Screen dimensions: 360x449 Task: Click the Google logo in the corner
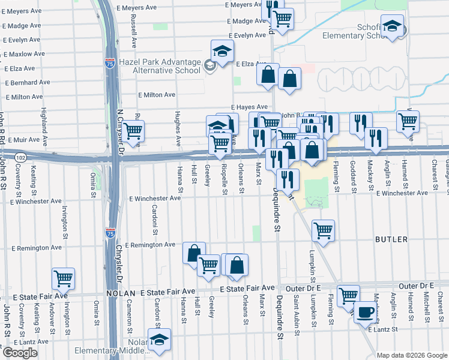[x=20, y=353]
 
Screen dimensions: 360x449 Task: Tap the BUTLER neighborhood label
[x=391, y=239]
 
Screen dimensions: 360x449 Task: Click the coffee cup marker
[x=365, y=312]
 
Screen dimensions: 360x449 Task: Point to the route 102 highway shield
[x=21, y=157]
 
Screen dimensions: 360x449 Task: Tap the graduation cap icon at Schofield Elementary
[x=393, y=27]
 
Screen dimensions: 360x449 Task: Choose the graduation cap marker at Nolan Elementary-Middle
[x=159, y=340]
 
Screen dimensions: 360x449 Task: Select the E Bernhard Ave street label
[x=27, y=82]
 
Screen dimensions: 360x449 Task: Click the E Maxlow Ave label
[x=25, y=54]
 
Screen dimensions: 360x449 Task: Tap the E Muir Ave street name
[x=22, y=140]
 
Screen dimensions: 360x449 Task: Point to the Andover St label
[x=52, y=311]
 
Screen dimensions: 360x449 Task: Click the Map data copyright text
[x=412, y=355]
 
